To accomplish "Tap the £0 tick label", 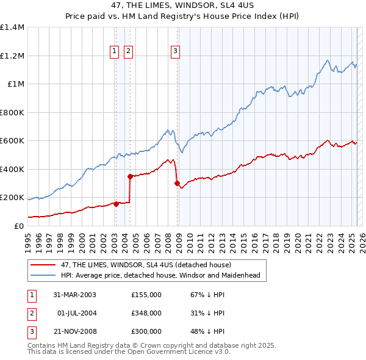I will (20, 226).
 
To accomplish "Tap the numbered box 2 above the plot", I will (128, 51).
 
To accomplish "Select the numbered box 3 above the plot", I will (175, 51).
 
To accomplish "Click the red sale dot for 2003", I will (116, 204).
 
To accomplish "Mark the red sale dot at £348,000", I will (130, 177).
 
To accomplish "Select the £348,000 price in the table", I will (146, 313).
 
